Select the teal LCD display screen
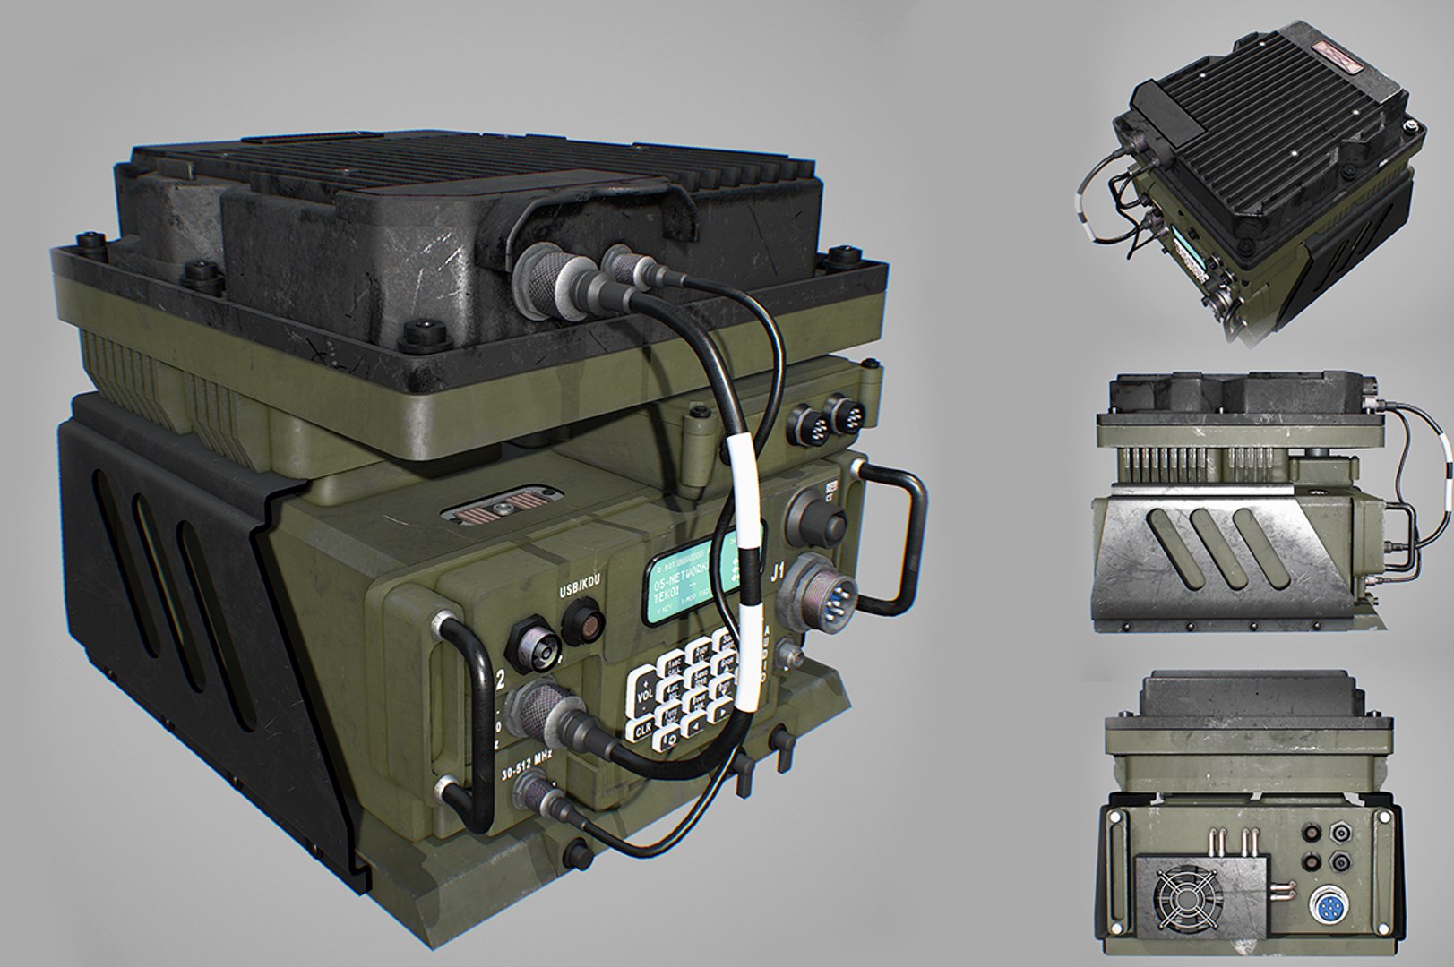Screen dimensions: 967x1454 [x=695, y=581]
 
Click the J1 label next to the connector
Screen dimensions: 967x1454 [x=778, y=569]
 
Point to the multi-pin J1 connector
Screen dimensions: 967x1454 [x=823, y=587]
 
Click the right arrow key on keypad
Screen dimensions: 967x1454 [x=722, y=712]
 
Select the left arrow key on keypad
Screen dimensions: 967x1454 [x=693, y=726]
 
